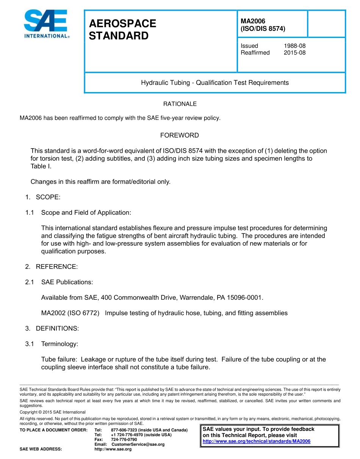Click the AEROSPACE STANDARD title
122,30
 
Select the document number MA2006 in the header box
253,21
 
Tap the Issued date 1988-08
294,46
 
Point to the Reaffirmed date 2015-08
294,53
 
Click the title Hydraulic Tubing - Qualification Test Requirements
215,83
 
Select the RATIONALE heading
180,104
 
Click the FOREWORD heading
179,135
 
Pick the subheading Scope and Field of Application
86,213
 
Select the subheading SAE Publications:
67,282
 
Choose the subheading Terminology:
59,344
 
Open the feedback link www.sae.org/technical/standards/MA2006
257,441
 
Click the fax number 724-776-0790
124,440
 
